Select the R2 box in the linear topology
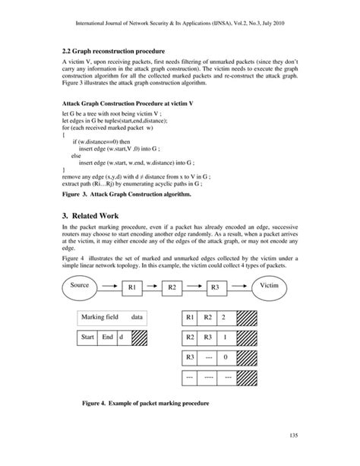click(172, 287)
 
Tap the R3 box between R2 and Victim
click(215, 287)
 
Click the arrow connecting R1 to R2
click(151, 286)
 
